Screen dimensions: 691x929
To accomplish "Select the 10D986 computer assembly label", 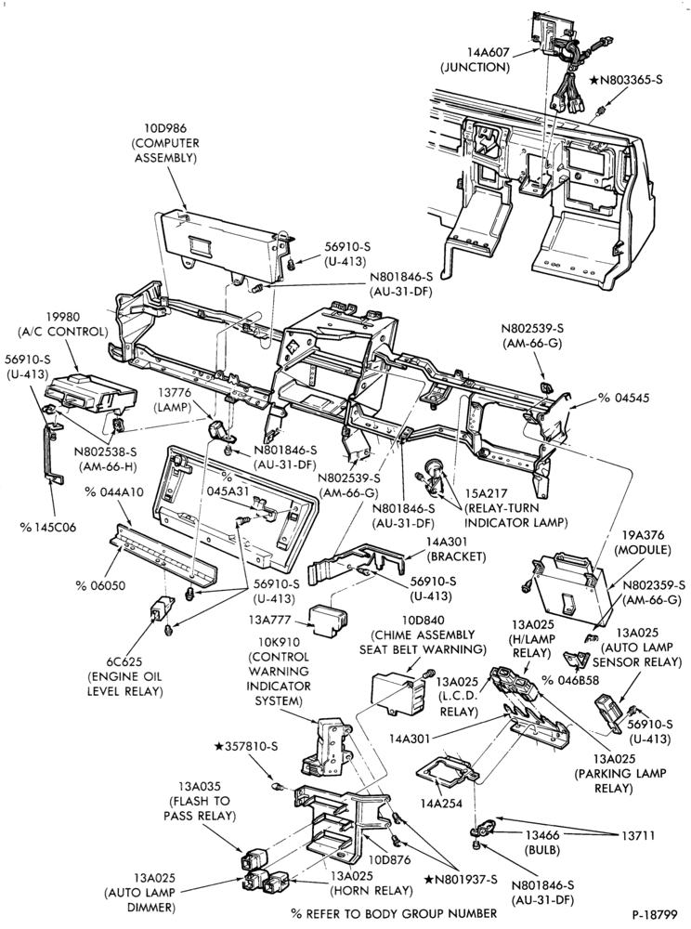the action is pos(165,143).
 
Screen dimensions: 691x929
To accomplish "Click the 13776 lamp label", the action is pos(172,399).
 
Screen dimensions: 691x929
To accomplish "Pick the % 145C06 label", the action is pos(48,527).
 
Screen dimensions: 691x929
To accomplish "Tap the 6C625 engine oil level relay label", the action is pos(125,676).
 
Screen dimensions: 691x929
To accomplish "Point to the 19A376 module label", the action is pos(643,543).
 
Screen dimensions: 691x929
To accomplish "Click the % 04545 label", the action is pos(623,398).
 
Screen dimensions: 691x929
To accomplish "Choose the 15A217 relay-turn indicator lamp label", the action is pos(515,507).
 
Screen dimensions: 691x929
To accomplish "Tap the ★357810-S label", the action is pos(246,747).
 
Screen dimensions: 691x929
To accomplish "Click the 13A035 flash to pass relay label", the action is pos(202,801).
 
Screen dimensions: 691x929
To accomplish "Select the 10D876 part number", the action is pos(388,859).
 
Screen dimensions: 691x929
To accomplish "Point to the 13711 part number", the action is pos(638,835).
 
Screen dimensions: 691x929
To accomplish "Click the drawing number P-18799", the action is pos(654,913).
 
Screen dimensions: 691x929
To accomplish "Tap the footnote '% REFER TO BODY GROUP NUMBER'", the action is pos(395,913).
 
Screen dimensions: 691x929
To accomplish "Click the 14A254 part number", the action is pos(441,804).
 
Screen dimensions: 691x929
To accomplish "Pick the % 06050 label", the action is pos(100,585).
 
